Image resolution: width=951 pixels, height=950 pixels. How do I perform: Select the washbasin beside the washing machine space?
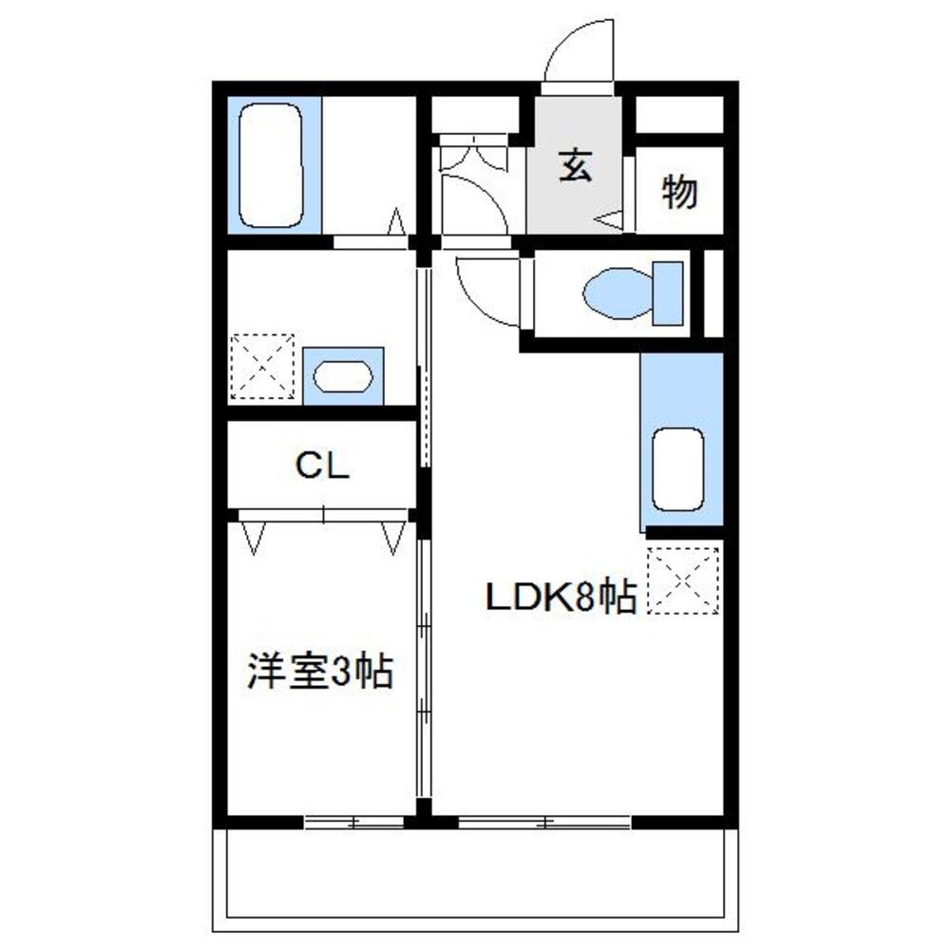pos(342,376)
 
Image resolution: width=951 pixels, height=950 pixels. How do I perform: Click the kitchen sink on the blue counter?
pos(678,468)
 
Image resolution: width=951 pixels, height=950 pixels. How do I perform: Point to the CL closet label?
pos(322,465)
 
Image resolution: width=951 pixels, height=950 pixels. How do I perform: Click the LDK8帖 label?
pos(561,598)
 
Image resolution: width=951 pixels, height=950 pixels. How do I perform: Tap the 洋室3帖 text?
pos(320,672)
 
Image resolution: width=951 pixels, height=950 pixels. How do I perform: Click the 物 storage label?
pos(679,193)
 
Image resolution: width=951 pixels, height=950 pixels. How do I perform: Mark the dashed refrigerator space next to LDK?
pos(683,580)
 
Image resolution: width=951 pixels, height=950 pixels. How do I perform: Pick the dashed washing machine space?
pos(262,366)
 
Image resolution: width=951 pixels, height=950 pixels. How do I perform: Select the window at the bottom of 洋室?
pos(353,822)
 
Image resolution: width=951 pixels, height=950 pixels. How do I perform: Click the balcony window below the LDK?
pos(544,822)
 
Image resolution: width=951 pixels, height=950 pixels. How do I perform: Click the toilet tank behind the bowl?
pos(667,294)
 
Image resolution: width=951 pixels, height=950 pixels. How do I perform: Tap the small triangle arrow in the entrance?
pos(614,220)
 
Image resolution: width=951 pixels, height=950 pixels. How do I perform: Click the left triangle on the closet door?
pos(253,537)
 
